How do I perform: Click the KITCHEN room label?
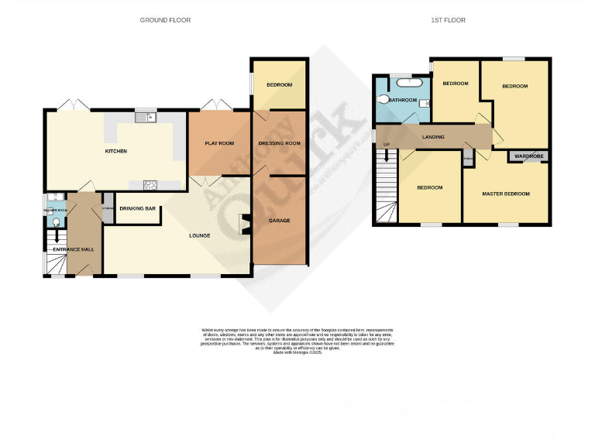click(x=116, y=151)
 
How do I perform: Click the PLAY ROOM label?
click(x=219, y=143)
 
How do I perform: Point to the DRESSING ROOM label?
click(x=279, y=143)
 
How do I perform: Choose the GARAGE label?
click(x=279, y=221)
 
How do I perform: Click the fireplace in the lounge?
click(x=246, y=225)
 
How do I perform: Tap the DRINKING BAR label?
click(x=136, y=209)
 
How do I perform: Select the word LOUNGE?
click(x=200, y=235)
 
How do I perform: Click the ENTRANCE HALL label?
click(x=73, y=249)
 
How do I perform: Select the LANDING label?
click(x=433, y=137)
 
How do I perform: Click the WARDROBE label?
click(x=529, y=156)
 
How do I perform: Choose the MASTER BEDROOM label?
click(x=505, y=194)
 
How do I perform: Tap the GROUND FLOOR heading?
click(x=165, y=20)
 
